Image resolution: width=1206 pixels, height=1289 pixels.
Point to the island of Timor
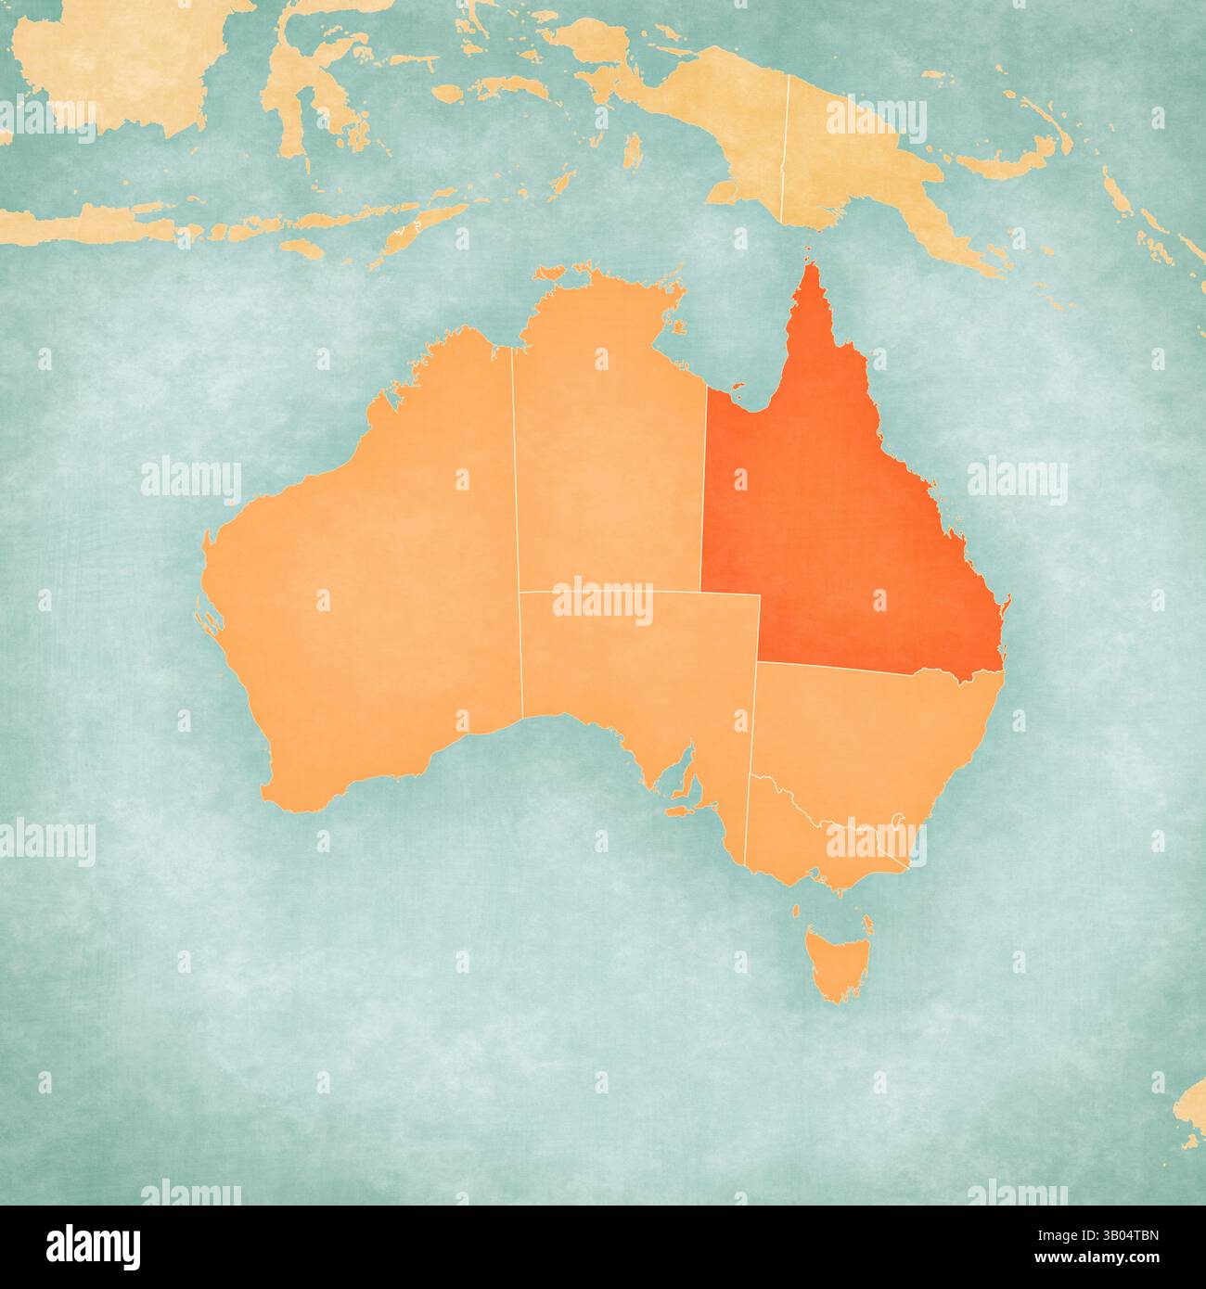tap(408, 232)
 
